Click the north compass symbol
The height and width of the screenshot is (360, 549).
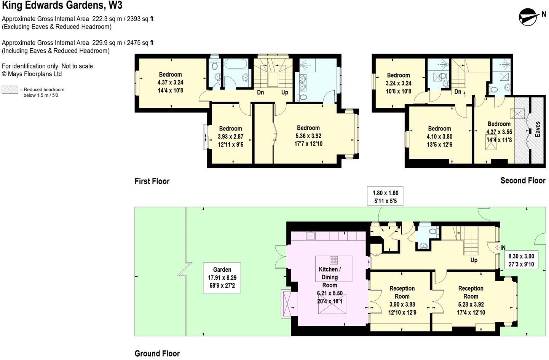coord(528,17)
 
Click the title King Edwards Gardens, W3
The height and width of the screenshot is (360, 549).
coord(62,6)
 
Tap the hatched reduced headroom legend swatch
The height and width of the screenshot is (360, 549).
coord(10,90)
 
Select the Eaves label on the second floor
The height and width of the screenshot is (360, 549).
coord(537,129)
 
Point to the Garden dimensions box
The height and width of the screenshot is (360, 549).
coord(222,277)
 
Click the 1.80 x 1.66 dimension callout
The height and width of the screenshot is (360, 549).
coord(385,197)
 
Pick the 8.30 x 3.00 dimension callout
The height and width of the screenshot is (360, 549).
coord(521,260)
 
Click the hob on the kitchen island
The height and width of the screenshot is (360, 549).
coord(334,260)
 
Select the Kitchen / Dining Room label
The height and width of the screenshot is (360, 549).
coord(330,277)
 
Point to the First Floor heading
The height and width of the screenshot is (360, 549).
coord(152,181)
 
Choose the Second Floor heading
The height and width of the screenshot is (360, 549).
coord(522,180)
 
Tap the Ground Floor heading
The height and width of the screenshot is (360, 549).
coord(157,354)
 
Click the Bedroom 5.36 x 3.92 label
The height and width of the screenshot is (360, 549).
coord(308,136)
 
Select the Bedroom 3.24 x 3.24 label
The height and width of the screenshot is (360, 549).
coord(398,83)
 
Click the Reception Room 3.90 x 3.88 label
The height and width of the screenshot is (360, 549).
coord(402,300)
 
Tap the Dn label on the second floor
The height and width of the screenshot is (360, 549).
coord(458,92)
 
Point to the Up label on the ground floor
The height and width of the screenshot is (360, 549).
coord(474,260)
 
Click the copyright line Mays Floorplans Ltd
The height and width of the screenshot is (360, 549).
coord(32,74)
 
